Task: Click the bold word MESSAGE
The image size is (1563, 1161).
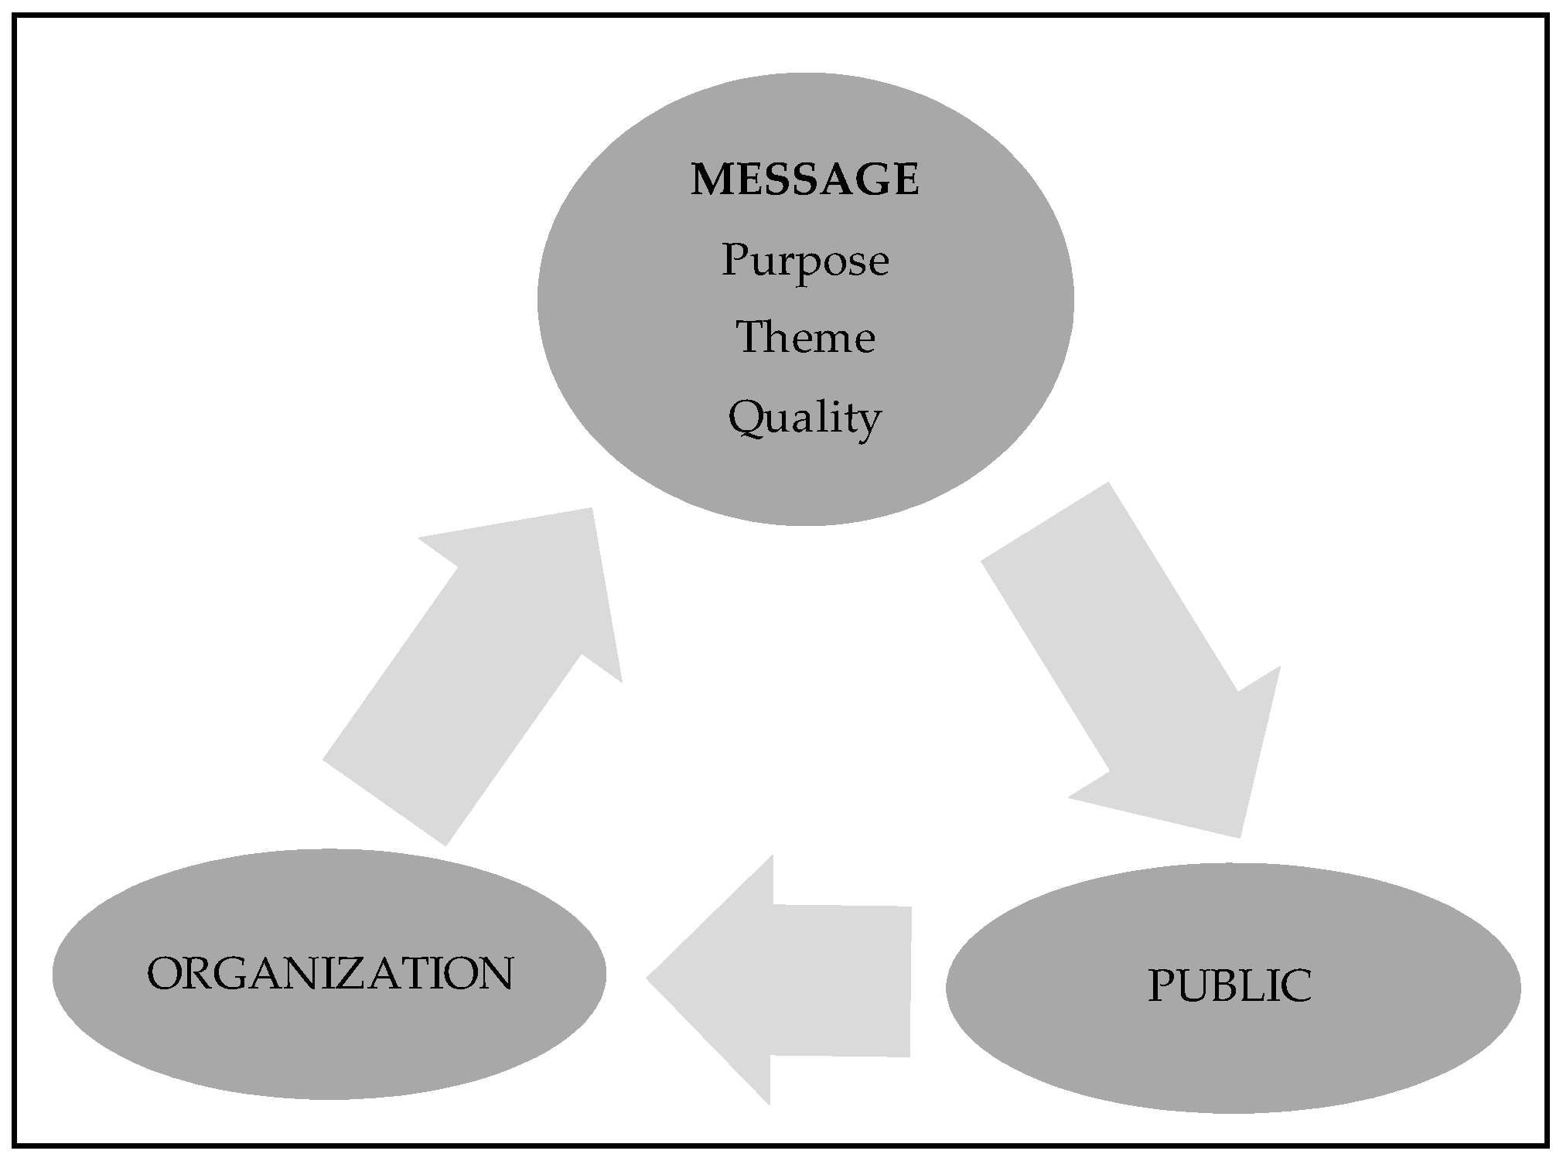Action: click(x=804, y=179)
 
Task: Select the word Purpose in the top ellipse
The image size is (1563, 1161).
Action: click(x=804, y=261)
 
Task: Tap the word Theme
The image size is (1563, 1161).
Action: click(x=804, y=338)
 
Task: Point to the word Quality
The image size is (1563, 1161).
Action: click(x=804, y=418)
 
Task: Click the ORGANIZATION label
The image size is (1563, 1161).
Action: click(x=329, y=973)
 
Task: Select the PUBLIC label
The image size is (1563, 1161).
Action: click(x=1229, y=986)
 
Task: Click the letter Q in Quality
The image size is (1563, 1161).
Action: click(x=747, y=418)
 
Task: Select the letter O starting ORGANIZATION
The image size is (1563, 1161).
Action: click(x=164, y=973)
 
